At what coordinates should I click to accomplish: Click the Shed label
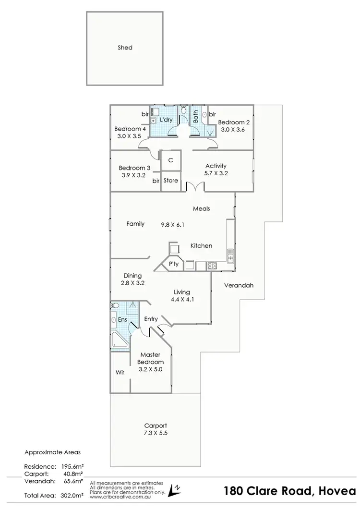(125, 48)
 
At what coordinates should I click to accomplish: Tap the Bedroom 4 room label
(130, 129)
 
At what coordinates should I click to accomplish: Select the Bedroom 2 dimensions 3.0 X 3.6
(234, 129)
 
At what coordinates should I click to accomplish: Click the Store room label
(170, 181)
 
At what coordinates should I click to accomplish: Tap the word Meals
(201, 208)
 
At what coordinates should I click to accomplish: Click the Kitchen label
(201, 245)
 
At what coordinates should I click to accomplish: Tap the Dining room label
(132, 276)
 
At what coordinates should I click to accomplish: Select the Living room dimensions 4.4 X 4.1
(182, 299)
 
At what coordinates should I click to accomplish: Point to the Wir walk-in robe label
(120, 372)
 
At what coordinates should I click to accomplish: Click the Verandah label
(239, 285)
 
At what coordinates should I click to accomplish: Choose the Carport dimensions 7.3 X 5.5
(156, 433)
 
